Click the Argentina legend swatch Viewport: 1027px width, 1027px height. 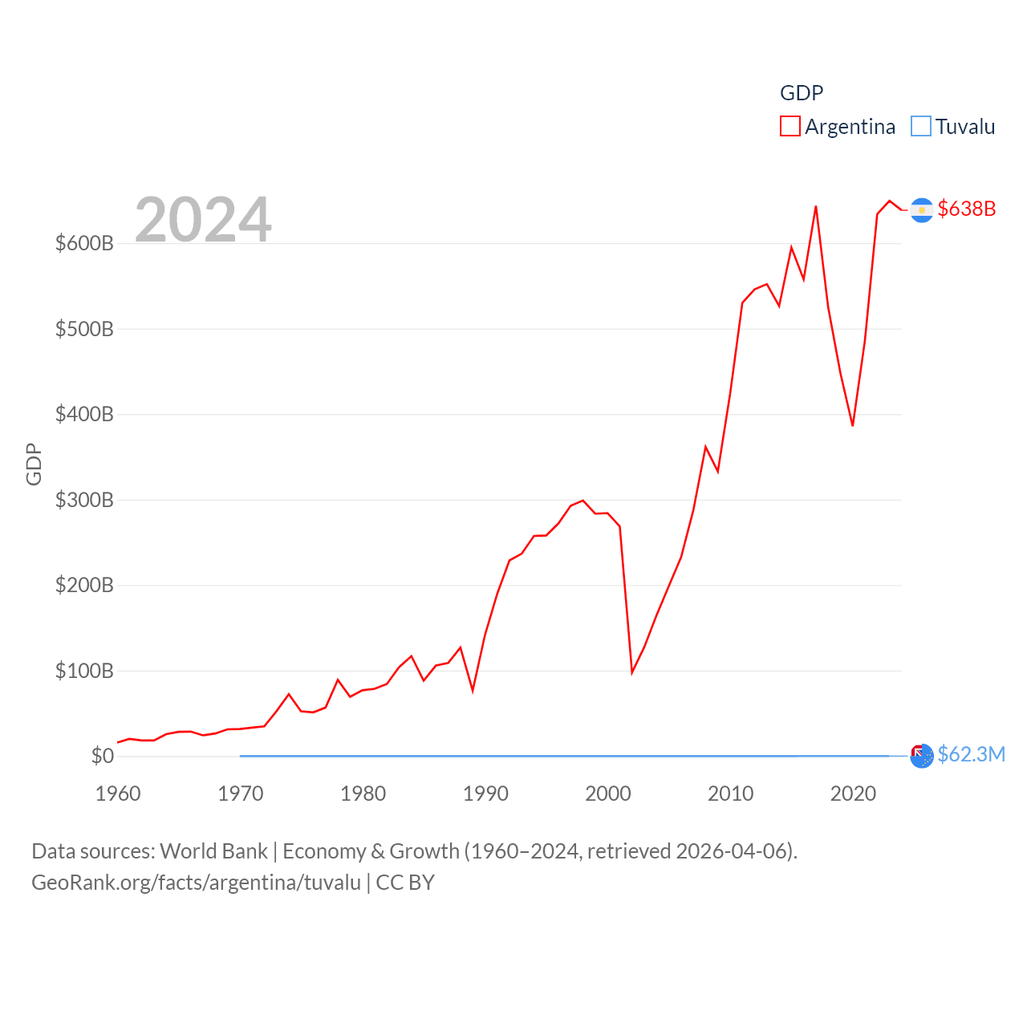click(790, 127)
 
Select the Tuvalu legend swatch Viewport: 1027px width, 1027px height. click(921, 127)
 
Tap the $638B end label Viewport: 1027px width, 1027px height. click(967, 209)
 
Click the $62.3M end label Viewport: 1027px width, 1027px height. click(971, 754)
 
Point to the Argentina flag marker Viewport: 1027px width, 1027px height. click(922, 210)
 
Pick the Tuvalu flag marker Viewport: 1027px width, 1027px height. click(922, 756)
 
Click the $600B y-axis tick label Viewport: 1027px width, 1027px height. click(84, 243)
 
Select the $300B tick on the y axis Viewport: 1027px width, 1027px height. click(84, 500)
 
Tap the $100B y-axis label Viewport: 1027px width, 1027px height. click(84, 671)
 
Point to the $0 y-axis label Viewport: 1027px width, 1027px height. click(102, 756)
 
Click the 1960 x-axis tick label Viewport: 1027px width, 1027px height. click(118, 794)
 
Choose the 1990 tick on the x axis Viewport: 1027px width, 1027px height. click(485, 794)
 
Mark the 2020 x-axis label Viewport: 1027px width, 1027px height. click(853, 794)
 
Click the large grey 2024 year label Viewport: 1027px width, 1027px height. click(203, 219)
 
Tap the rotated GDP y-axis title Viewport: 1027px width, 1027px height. click(34, 464)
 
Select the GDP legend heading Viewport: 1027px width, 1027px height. click(802, 93)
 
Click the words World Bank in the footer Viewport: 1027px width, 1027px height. click(213, 851)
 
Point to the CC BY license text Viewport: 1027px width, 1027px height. click(405, 883)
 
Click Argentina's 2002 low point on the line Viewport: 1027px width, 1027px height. click(632, 672)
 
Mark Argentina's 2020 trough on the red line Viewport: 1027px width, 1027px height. click(853, 425)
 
